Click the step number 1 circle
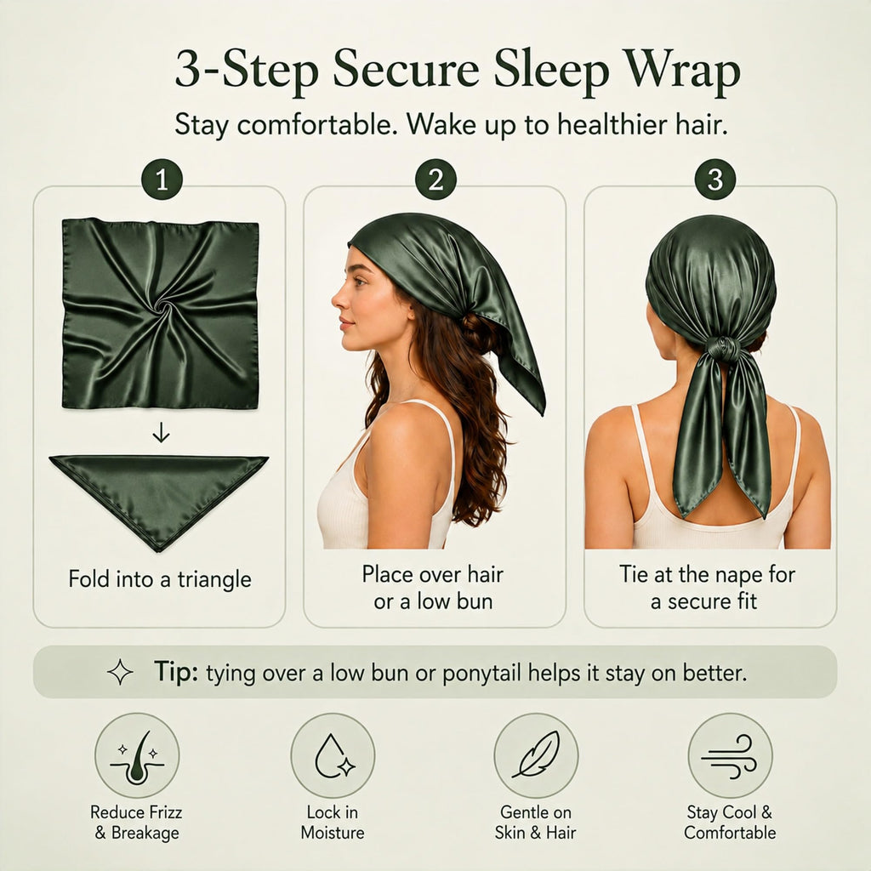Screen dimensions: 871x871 [x=162, y=179]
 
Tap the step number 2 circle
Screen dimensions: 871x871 [x=435, y=179]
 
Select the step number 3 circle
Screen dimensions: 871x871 [x=714, y=179]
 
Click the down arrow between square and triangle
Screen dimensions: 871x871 [x=161, y=432]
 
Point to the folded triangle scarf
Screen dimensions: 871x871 [x=159, y=494]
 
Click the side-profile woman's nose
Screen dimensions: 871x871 [x=337, y=300]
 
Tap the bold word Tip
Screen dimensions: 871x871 [x=175, y=672]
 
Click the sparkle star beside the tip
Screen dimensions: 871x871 [x=120, y=672]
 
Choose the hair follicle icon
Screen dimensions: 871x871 [x=137, y=756]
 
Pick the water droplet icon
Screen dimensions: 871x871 [x=333, y=756]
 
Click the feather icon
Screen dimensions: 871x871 [x=536, y=756]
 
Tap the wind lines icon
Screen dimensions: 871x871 [x=730, y=756]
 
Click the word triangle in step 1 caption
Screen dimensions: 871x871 [x=214, y=580]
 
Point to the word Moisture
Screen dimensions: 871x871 [x=333, y=833]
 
